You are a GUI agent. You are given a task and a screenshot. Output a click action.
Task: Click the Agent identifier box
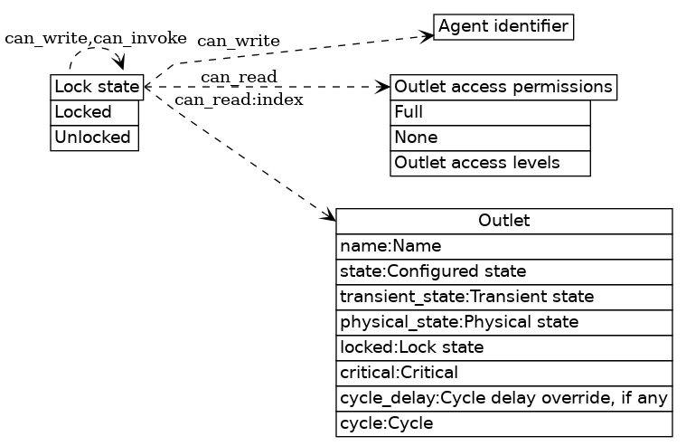click(503, 26)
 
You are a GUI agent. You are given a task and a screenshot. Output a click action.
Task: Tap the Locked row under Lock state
click(94, 112)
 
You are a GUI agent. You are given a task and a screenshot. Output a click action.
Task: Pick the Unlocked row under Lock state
click(94, 138)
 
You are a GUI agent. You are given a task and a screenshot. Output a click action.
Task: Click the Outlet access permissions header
click(503, 87)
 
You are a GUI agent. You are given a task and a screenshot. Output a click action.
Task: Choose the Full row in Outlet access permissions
click(490, 112)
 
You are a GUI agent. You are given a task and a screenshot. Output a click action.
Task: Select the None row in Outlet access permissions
click(490, 138)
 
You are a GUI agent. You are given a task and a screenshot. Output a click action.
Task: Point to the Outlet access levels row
click(490, 163)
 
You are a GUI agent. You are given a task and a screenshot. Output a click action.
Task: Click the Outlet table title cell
click(503, 221)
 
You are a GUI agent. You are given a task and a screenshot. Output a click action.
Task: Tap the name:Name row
click(503, 246)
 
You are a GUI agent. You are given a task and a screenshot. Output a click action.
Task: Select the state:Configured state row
click(503, 271)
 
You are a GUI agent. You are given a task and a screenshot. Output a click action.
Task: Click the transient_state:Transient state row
click(503, 297)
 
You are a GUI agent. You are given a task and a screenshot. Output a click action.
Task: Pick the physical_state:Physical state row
click(503, 322)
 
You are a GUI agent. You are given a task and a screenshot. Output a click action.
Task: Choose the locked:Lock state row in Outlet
click(503, 347)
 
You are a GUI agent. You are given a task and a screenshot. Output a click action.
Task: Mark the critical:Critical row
click(503, 373)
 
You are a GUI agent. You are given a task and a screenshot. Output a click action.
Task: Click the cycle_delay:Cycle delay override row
click(503, 398)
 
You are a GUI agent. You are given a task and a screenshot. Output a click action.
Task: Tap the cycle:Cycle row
click(503, 423)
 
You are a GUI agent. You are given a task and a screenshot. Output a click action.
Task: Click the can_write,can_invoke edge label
click(96, 38)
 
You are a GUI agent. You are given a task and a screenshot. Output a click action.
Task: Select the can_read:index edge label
click(239, 100)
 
